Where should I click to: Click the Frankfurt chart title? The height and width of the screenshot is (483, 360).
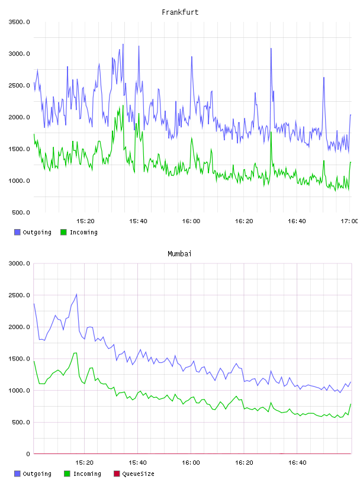point(180,12)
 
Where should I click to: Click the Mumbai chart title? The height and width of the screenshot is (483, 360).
point(179,253)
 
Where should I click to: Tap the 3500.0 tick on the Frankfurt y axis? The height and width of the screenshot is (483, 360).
point(19,22)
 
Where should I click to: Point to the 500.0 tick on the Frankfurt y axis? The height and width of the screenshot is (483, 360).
point(21,212)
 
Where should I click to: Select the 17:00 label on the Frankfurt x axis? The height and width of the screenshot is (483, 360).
point(349,221)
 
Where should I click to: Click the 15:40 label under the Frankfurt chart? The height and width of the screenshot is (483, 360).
point(138,221)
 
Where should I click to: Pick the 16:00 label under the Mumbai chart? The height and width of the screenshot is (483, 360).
point(191,462)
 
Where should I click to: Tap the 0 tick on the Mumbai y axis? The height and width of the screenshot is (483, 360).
point(28,454)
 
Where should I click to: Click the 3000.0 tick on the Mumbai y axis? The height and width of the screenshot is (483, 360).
point(19,263)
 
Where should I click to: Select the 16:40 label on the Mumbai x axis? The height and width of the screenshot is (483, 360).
point(297,462)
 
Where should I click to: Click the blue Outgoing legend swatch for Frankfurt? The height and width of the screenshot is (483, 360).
point(17,232)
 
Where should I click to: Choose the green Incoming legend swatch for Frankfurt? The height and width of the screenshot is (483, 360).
point(63,232)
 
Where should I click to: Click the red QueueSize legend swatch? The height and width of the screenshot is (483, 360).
point(117,474)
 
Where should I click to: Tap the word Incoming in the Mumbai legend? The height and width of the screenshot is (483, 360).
point(87,474)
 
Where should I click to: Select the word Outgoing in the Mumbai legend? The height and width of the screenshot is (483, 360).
point(37,474)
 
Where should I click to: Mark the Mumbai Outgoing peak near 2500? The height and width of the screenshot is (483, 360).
point(76,294)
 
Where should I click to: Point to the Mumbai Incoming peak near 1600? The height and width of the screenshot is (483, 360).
point(75,353)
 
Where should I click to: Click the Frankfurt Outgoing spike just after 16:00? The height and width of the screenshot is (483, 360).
point(192,57)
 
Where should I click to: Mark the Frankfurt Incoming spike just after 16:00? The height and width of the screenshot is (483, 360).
point(192,138)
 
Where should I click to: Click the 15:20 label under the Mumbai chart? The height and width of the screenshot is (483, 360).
point(84,462)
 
